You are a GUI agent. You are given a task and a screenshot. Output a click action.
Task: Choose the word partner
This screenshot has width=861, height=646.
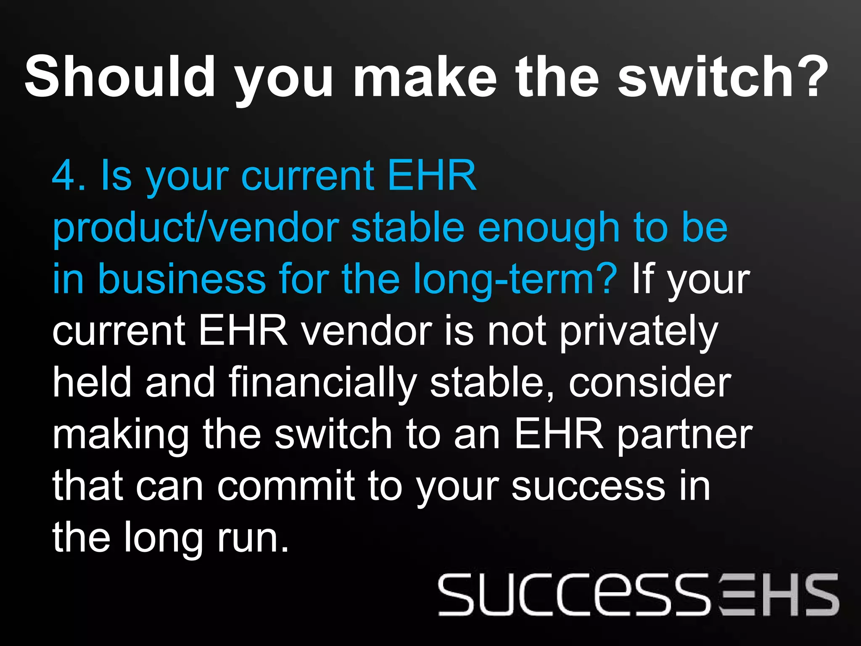(685, 435)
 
